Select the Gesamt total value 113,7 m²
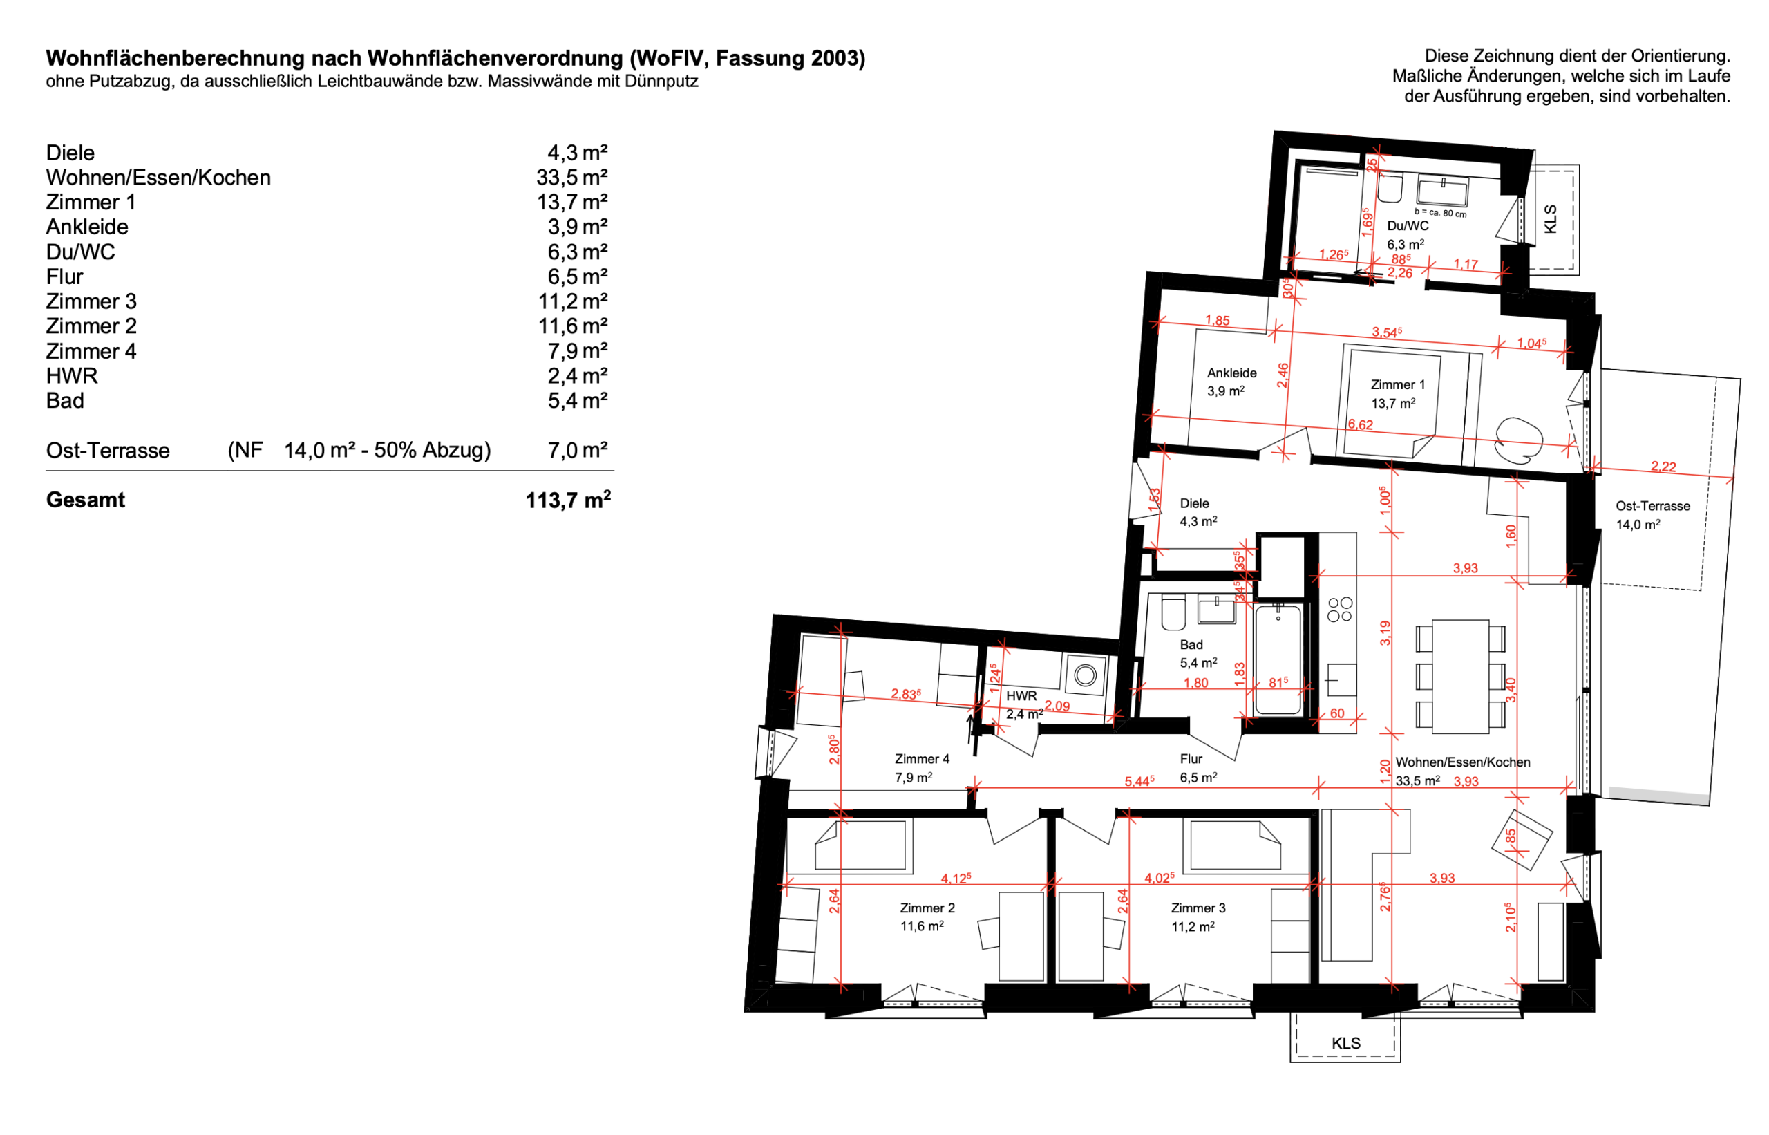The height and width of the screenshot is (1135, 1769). tap(568, 500)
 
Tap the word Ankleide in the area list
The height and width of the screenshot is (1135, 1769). tap(87, 227)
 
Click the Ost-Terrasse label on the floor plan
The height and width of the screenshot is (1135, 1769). tap(1653, 505)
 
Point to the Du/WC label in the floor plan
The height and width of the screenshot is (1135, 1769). tap(1407, 225)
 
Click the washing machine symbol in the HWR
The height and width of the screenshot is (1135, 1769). tap(1084, 675)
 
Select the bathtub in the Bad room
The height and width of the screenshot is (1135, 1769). tap(1278, 659)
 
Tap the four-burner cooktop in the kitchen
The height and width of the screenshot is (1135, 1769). tap(1339, 610)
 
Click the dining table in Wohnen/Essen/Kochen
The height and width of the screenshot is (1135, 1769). tap(1460, 676)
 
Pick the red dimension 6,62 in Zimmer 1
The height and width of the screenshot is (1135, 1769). tap(1360, 424)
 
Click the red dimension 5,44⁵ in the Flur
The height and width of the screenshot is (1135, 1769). tap(1139, 780)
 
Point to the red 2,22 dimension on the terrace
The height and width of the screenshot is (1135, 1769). tap(1663, 467)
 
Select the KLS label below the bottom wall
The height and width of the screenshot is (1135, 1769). tap(1346, 1043)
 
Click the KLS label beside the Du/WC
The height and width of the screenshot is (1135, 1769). tap(1550, 220)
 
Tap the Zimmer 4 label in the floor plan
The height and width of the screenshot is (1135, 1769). tap(922, 758)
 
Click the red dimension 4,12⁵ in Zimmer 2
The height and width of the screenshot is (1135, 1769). tap(956, 878)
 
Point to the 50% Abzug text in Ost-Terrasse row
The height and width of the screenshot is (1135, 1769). tap(426, 449)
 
